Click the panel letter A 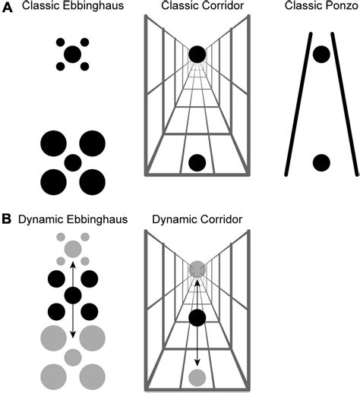coord(6,8)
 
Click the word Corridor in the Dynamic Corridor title coord(218,220)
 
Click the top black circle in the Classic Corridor coord(197,54)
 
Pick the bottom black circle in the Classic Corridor coord(197,162)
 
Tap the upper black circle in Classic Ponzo coord(321,54)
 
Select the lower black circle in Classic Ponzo coord(321,162)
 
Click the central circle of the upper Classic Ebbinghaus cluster coord(73,54)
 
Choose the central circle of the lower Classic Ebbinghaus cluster coord(73,162)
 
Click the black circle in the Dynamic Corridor coord(197,319)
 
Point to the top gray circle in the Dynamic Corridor coord(197,269)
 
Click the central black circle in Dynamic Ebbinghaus coord(73,296)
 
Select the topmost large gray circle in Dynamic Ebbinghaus coord(73,249)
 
